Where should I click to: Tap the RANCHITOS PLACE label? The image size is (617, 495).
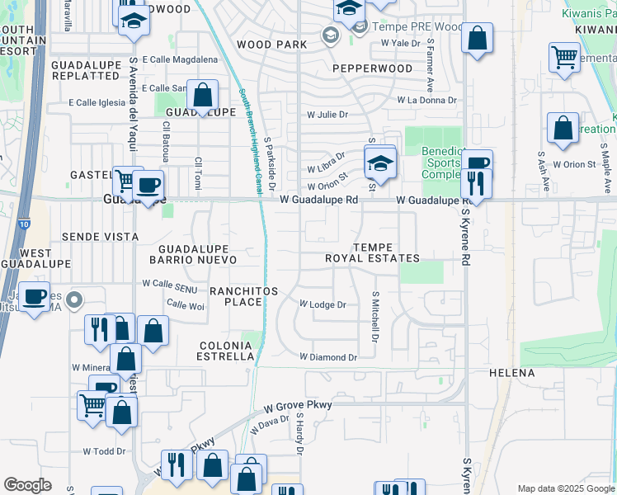tap(243, 295)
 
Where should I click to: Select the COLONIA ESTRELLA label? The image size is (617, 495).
tap(224, 351)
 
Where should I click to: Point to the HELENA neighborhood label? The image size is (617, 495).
tap(511, 373)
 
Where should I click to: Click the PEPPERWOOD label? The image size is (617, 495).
tap(372, 68)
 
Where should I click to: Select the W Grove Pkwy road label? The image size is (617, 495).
tap(298, 406)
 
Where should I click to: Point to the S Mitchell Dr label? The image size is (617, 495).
tap(374, 317)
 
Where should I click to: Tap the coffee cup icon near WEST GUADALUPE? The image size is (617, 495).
tap(33, 298)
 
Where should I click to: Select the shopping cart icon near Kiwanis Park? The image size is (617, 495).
tap(564, 58)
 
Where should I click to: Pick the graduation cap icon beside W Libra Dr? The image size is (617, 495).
tap(380, 163)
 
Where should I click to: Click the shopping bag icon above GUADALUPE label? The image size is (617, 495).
tap(202, 97)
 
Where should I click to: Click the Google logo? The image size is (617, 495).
tap(27, 485)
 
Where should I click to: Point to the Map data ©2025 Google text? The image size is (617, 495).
tap(566, 488)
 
